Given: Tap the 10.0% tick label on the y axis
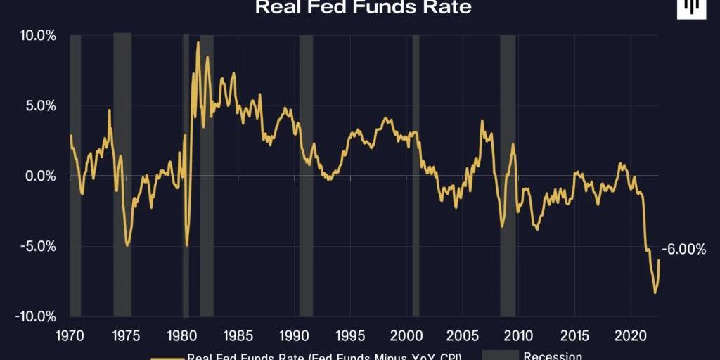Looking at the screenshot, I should (x=37, y=35).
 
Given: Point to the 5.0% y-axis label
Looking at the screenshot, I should (x=39, y=105).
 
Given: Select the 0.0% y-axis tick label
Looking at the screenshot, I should (x=39, y=176).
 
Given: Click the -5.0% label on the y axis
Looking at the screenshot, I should (x=37, y=246).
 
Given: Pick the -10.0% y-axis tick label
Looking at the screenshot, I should (x=34, y=316).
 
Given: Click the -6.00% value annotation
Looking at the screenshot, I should (x=683, y=249).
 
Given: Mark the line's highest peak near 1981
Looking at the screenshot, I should (x=198, y=43).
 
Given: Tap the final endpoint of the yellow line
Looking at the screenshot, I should (x=660, y=260).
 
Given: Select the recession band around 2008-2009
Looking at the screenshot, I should (x=508, y=176).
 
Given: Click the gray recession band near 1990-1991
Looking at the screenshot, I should (x=306, y=176).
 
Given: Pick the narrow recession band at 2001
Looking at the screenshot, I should (x=416, y=176).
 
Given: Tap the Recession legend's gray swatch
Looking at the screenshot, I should (x=500, y=356).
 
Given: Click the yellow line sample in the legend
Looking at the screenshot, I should (x=166, y=357).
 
